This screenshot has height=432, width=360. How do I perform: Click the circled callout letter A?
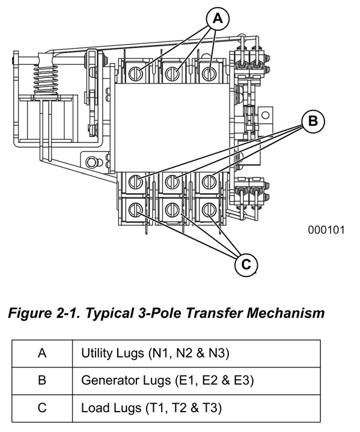coord(218,19)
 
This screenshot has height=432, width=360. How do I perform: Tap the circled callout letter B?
coord(313,121)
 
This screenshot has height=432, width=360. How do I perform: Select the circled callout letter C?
coord(246,264)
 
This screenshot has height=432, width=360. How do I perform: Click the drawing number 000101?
coord(326,230)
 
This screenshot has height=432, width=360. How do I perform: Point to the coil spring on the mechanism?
coord(46,80)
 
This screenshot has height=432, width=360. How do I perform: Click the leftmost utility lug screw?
coord(136,73)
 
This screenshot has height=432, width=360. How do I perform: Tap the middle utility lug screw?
coord(172,73)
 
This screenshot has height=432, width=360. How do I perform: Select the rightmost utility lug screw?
coord(209,73)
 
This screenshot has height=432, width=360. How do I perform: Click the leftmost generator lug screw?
coord(136,181)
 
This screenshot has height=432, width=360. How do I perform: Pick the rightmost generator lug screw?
coord(209,181)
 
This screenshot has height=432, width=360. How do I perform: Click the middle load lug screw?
coord(172,210)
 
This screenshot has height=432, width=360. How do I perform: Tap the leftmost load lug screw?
coord(136,210)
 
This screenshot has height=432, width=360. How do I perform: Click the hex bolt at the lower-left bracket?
coord(91,162)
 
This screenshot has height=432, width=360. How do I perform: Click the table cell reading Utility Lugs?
coord(197,353)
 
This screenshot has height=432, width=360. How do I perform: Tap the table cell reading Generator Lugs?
coord(197,380)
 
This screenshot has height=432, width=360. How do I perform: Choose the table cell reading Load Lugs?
coord(197,408)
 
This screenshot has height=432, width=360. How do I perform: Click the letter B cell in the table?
coord(42,380)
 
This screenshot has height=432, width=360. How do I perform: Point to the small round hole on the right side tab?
coord(265,115)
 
